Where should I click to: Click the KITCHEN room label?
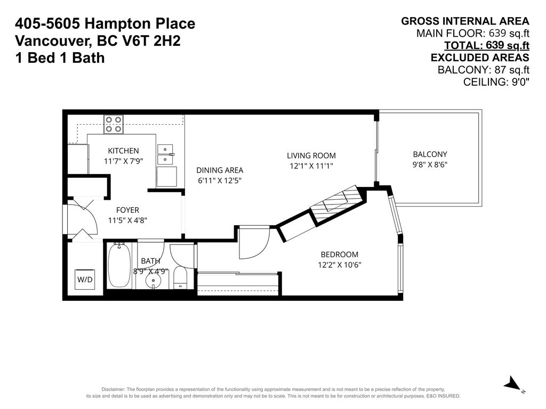pyautogui.click(x=123, y=151)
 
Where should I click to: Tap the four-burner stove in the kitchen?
pyautogui.click(x=113, y=124)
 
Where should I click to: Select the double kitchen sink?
pyautogui.click(x=166, y=154)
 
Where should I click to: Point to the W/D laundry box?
pyautogui.click(x=85, y=279)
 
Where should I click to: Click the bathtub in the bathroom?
pyautogui.click(x=119, y=265)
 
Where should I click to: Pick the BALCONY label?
pyautogui.click(x=430, y=154)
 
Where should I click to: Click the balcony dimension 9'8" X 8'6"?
pyautogui.click(x=430, y=165)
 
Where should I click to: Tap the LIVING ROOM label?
pyautogui.click(x=311, y=156)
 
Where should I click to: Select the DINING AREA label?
pyautogui.click(x=220, y=170)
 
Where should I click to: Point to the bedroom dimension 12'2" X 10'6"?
pyautogui.click(x=339, y=265)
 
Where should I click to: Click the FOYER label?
pyautogui.click(x=127, y=210)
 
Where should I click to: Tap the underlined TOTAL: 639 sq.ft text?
pyautogui.click(x=486, y=45)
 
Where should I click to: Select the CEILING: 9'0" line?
pyautogui.click(x=496, y=81)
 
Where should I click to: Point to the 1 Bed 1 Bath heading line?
pyautogui.click(x=60, y=58)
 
